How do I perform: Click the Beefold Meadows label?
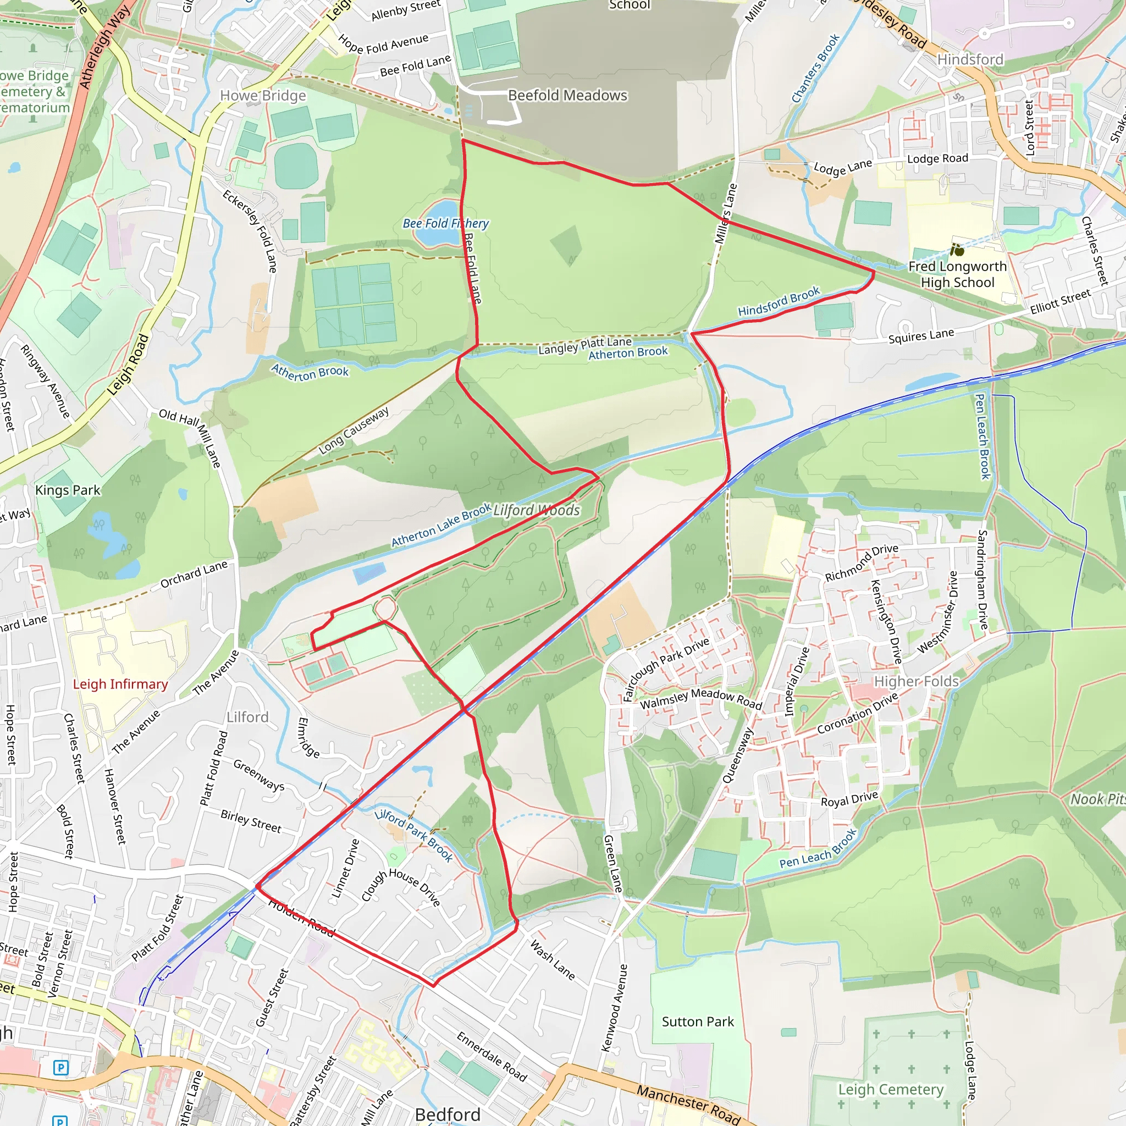click(567, 95)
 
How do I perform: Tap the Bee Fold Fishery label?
click(446, 223)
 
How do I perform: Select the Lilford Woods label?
click(537, 511)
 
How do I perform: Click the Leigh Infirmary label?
click(120, 684)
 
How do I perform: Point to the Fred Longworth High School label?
click(958, 274)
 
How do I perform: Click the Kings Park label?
click(68, 490)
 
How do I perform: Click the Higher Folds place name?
click(916, 681)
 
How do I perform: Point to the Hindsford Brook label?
click(779, 301)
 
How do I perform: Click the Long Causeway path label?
click(354, 431)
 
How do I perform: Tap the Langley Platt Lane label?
click(584, 346)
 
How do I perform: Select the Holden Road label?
click(301, 919)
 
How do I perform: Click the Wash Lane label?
click(552, 960)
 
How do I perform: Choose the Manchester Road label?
click(688, 1105)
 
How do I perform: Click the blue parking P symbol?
click(60, 1068)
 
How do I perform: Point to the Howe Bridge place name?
click(263, 96)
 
